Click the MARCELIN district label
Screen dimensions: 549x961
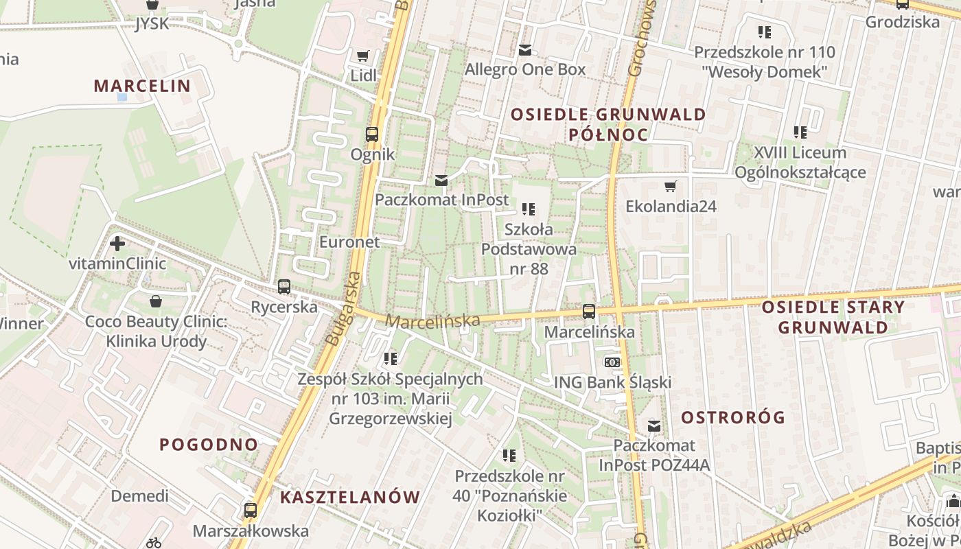(141, 86)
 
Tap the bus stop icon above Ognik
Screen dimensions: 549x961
(372, 134)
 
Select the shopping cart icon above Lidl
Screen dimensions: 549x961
(363, 56)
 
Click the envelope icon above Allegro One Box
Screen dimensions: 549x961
(525, 49)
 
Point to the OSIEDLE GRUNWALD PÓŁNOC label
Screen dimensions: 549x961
(608, 124)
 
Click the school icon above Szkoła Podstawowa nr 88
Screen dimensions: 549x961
(528, 209)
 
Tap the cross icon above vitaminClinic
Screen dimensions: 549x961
(117, 243)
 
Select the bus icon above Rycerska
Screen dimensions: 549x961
(283, 287)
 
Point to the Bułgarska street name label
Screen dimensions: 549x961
(343, 309)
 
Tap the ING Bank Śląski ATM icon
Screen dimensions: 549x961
(612, 362)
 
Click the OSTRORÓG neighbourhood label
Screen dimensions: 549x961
(733, 417)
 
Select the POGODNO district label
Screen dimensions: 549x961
(209, 444)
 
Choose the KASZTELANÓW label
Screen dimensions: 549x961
(349, 498)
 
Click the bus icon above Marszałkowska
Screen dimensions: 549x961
(251, 511)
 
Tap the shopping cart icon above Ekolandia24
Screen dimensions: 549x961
(671, 186)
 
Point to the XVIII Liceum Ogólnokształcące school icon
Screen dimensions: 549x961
(800, 132)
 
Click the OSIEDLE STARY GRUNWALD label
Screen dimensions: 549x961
(833, 317)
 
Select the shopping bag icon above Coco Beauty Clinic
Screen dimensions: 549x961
(156, 301)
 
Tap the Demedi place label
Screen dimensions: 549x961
(139, 495)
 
